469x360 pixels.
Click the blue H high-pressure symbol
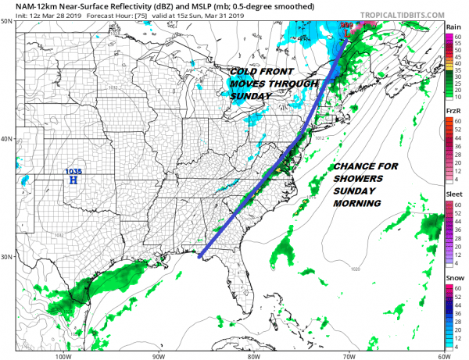[x=73, y=180]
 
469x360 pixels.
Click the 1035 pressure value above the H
[x=73, y=172]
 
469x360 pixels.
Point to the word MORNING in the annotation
[x=356, y=203]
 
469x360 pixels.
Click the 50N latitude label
[x=6, y=22]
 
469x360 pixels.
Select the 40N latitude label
[x=6, y=139]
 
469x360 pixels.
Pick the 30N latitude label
[x=6, y=257]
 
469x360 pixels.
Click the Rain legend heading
[x=453, y=27]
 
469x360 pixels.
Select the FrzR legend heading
[x=453, y=112]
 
